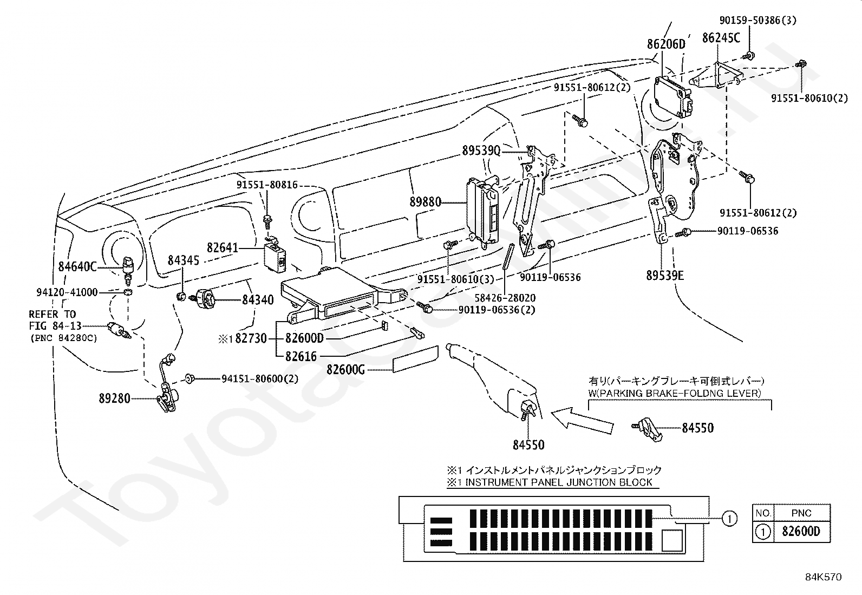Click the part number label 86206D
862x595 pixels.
(666, 44)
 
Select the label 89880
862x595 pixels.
(425, 202)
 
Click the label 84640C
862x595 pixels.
(77, 266)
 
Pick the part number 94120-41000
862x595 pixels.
(67, 292)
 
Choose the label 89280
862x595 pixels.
(114, 398)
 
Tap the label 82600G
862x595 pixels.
(345, 369)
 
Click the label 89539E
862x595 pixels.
(665, 275)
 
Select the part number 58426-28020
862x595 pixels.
(505, 298)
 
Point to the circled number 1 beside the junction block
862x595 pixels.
(729, 519)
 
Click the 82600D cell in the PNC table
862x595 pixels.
(801, 532)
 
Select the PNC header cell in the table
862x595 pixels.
(801, 513)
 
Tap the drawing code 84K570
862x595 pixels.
(822, 577)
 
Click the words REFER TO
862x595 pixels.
(53, 314)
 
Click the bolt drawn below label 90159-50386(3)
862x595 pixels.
(749, 55)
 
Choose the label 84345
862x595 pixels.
(183, 260)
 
